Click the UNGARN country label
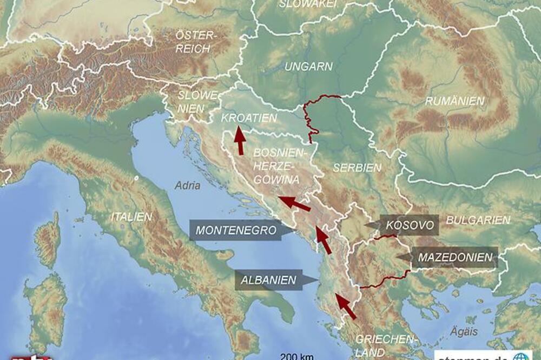click(309, 67)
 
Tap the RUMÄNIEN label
click(454, 101)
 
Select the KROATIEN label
click(249, 118)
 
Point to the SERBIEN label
click(357, 168)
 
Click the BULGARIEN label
click(478, 220)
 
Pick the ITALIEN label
click(131, 217)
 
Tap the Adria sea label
click(187, 185)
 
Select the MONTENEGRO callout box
click(236, 230)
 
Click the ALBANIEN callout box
click(269, 280)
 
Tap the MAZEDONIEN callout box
click(453, 257)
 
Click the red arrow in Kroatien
click(239, 141)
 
